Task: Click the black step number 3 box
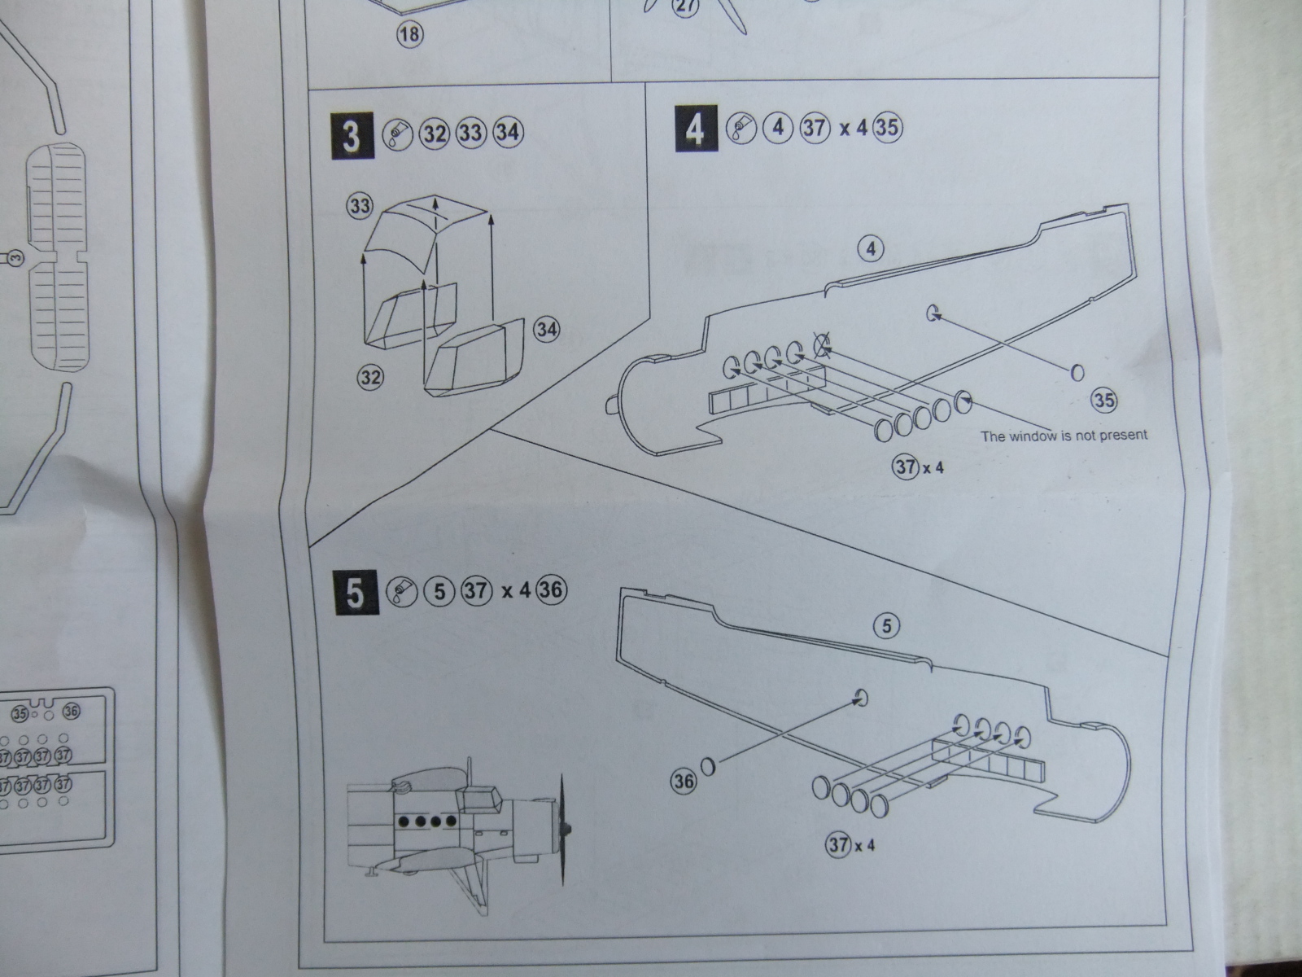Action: click(x=352, y=135)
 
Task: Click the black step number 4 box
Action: click(x=696, y=129)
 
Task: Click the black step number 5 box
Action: click(x=356, y=592)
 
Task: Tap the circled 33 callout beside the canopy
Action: click(x=360, y=206)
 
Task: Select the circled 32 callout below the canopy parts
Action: click(x=370, y=377)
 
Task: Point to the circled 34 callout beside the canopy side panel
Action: click(x=547, y=330)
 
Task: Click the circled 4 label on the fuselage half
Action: click(x=871, y=248)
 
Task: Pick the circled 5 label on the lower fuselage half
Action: click(x=887, y=625)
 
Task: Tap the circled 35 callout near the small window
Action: click(x=1104, y=400)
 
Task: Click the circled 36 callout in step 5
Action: click(x=684, y=782)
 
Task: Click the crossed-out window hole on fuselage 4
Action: click(x=823, y=348)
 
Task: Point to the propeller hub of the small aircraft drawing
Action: click(x=569, y=829)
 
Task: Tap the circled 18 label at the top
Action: click(x=411, y=35)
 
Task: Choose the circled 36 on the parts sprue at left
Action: click(x=71, y=712)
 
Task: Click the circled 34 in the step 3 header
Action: click(x=507, y=133)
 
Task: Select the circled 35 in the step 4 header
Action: click(x=888, y=129)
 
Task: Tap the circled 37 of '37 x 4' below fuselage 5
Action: click(x=839, y=844)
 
